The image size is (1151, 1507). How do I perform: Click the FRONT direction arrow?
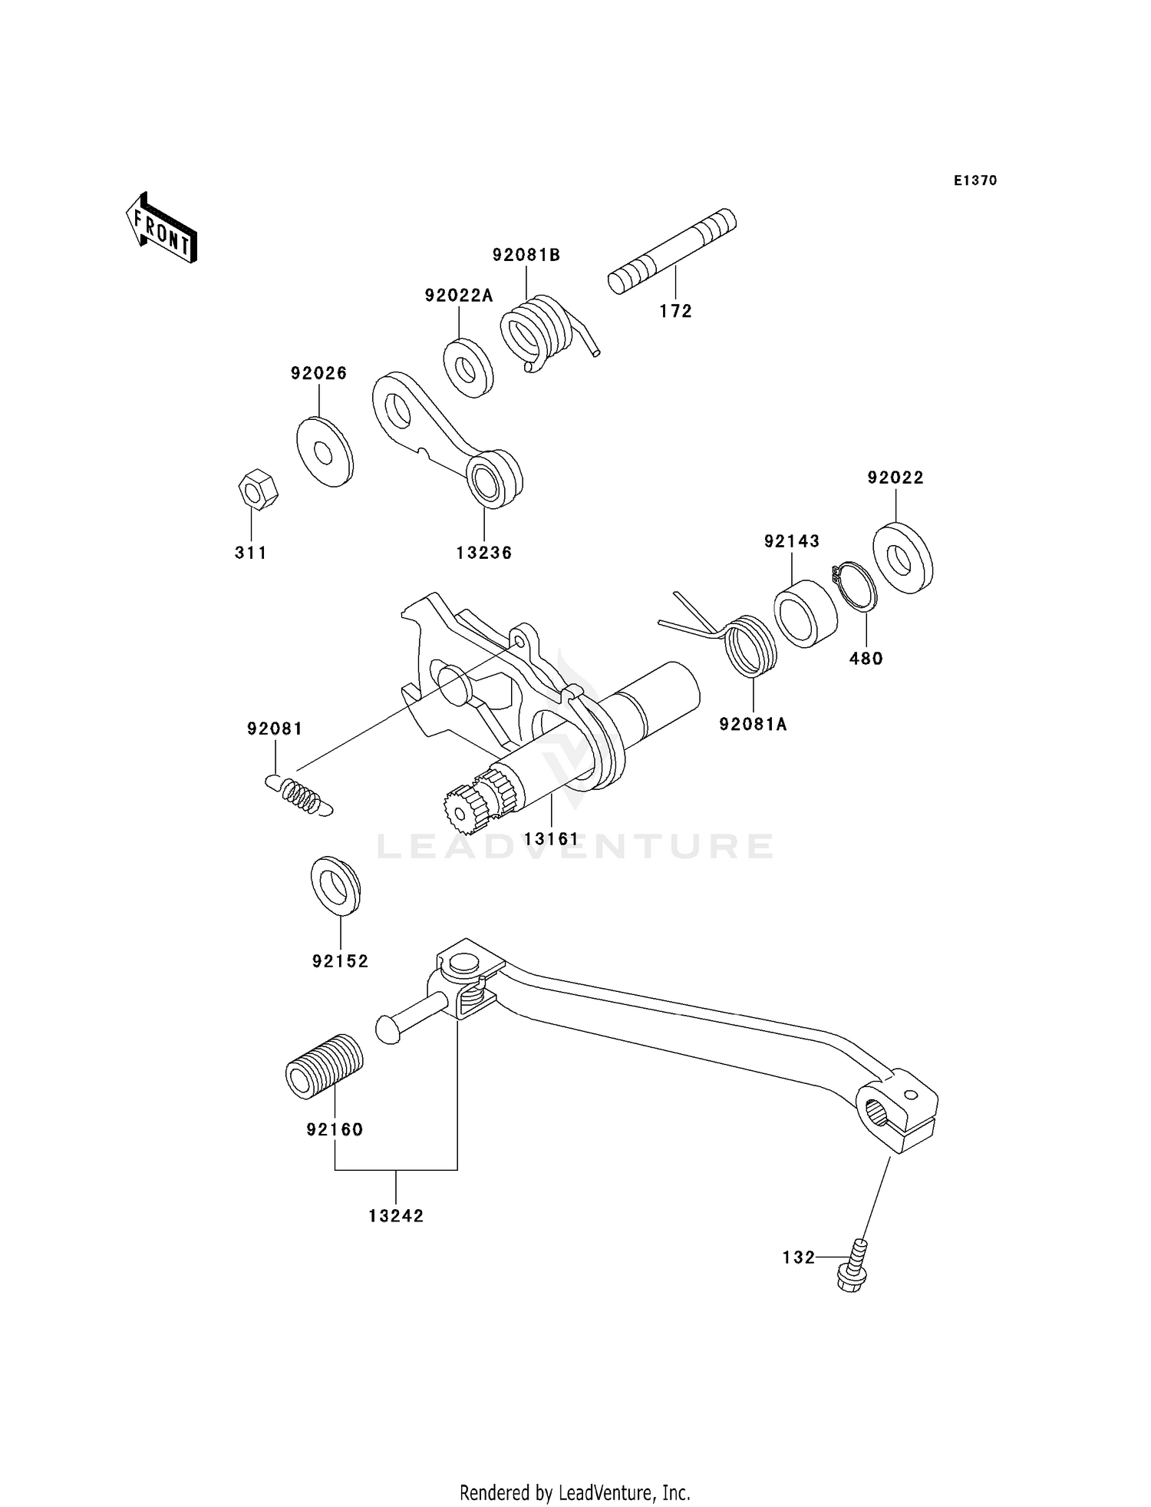pos(161,229)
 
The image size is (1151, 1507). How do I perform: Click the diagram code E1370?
pos(975,180)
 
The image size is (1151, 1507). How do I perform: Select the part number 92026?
pos(318,373)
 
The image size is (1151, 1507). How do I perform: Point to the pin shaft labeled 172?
pos(671,251)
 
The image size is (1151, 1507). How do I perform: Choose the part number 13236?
pos(483,553)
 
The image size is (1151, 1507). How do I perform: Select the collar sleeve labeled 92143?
pos(804,613)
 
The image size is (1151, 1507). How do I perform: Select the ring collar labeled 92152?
pos(335,885)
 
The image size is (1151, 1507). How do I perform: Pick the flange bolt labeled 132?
pos(853,1271)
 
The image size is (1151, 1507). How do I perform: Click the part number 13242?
pos(396,1216)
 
